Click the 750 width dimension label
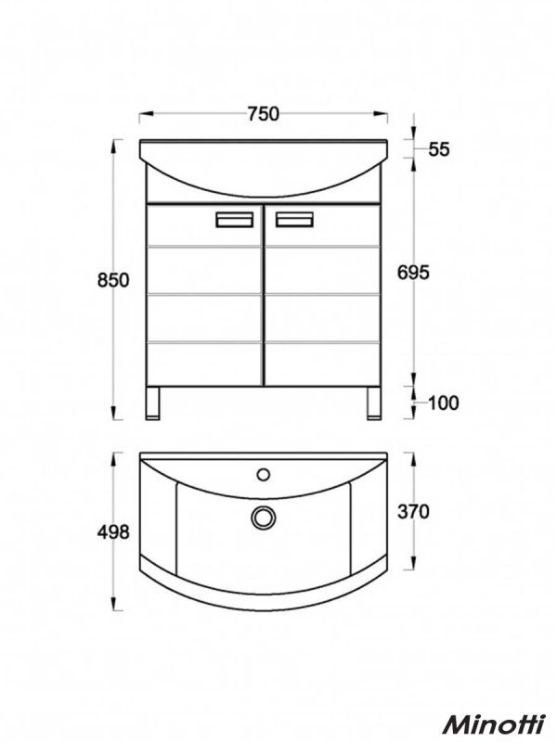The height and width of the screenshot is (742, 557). point(264,114)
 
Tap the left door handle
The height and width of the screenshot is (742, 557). point(234,220)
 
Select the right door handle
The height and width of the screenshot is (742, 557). point(292,220)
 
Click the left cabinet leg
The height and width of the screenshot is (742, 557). point(156,403)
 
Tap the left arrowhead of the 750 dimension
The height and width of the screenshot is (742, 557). point(144,115)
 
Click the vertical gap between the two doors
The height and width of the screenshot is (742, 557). point(263,297)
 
